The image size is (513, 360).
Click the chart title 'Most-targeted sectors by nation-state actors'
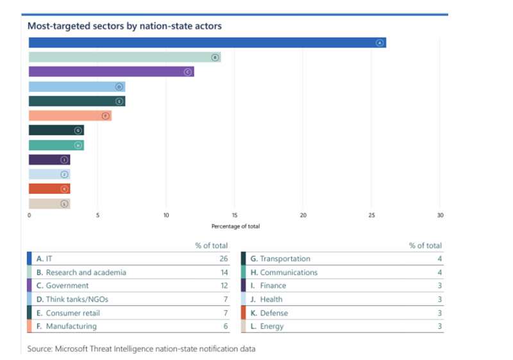tap(124, 26)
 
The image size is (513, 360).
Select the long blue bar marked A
tap(205, 42)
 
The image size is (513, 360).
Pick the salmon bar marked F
tap(69, 116)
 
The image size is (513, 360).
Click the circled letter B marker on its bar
tap(215, 57)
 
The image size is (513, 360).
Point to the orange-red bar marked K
tap(48, 189)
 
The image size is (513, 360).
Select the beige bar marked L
tap(48, 203)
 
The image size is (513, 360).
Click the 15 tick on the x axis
tap(235, 216)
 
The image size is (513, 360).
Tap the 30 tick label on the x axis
tap(440, 216)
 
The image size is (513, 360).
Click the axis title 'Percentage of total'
tap(235, 227)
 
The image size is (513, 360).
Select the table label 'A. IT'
tap(44, 259)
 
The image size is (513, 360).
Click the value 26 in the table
tap(224, 259)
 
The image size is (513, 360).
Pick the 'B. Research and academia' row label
tap(81, 272)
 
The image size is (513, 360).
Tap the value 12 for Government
tap(224, 286)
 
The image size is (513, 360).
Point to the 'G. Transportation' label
tap(280, 259)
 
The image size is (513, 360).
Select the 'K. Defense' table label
tap(269, 313)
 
